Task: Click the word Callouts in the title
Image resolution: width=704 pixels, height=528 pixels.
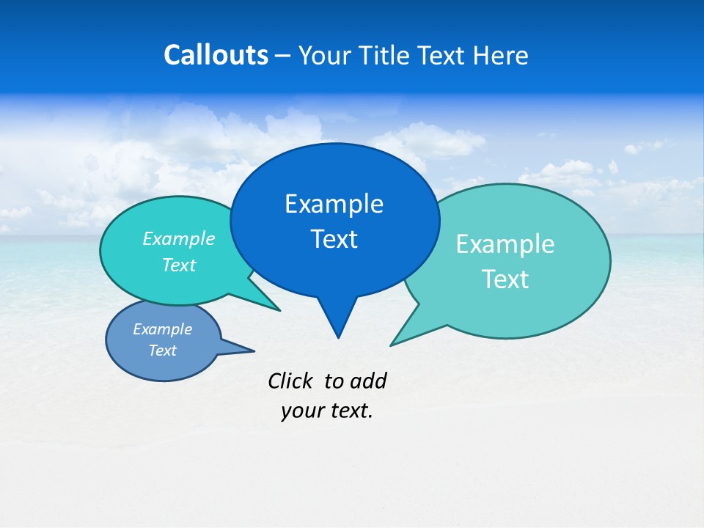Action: [x=216, y=55]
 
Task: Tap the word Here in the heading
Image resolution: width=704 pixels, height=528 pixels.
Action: [x=501, y=55]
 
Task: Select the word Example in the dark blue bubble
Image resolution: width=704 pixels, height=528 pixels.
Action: [x=334, y=204]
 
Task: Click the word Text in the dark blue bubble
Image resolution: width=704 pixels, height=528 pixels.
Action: [x=334, y=239]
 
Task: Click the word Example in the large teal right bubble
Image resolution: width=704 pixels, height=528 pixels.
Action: [x=505, y=244]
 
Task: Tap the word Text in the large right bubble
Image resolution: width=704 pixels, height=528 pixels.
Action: [x=505, y=279]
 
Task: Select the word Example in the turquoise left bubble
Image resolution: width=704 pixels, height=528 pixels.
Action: [x=179, y=239]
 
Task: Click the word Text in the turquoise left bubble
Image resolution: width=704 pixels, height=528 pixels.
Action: [x=179, y=265]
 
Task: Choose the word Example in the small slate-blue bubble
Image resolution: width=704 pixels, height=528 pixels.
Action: [x=163, y=329]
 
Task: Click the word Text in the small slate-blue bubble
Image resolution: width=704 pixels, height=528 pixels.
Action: [x=163, y=351]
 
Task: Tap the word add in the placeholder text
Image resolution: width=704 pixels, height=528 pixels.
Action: [x=368, y=381]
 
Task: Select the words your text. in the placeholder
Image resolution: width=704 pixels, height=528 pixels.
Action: [x=327, y=411]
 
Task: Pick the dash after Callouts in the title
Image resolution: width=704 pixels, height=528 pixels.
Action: [x=283, y=56]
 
